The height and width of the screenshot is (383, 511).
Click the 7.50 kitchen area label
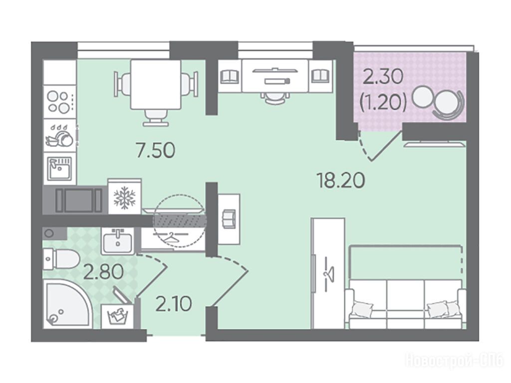pos(156,151)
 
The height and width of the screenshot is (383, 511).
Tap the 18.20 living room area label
pos(341,181)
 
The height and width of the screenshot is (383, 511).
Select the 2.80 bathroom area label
pos(104,272)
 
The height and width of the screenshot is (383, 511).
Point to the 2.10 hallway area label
pos(173,304)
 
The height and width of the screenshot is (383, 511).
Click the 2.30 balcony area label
pos(383,78)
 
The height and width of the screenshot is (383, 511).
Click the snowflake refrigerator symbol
pos(124,197)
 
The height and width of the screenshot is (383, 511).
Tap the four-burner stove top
pos(60,102)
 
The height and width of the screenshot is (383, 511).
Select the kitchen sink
pos(60,168)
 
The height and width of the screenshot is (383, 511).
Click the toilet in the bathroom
pos(61,259)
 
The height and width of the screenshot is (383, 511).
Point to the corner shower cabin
pos(68,304)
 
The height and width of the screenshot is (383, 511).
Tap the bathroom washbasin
pos(117,240)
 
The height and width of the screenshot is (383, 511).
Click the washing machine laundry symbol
pos(117,316)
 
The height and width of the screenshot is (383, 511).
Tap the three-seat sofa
pos(406,304)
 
